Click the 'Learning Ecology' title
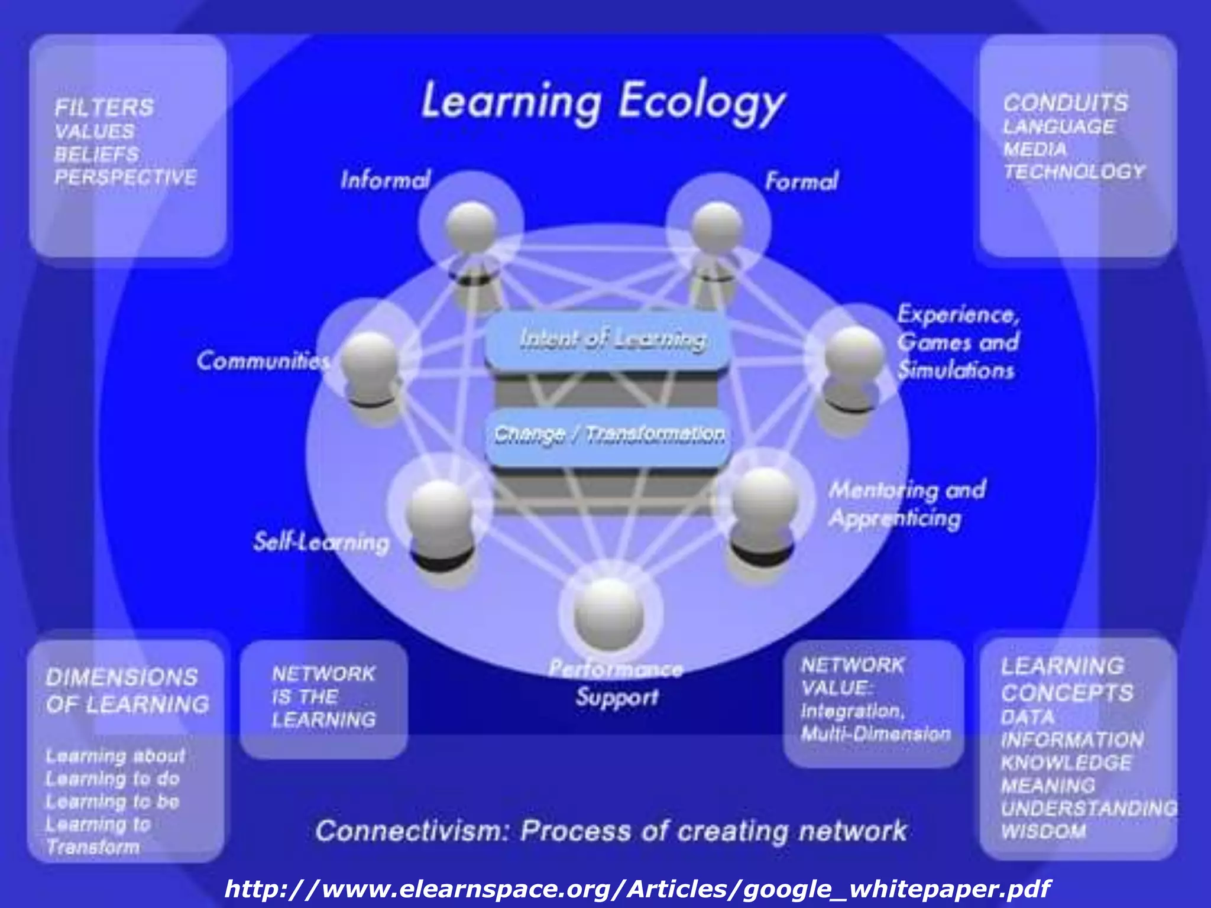(x=603, y=102)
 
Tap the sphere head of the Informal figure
(x=471, y=227)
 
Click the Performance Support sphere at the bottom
(x=609, y=612)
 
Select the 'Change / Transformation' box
(x=609, y=435)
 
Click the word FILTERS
(x=104, y=108)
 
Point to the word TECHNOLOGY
(x=1074, y=172)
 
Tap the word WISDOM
(x=1043, y=831)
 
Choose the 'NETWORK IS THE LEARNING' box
(x=324, y=698)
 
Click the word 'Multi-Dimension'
(x=875, y=734)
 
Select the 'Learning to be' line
(x=112, y=802)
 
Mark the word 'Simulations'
(x=956, y=371)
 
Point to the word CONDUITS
(x=1066, y=103)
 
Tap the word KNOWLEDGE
(x=1066, y=763)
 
